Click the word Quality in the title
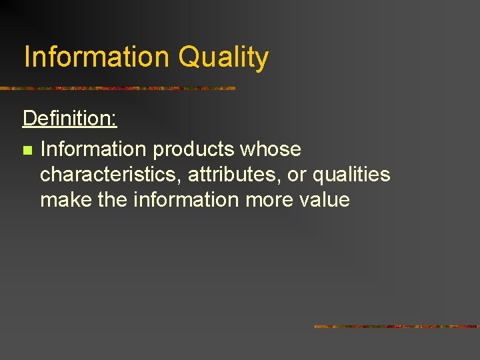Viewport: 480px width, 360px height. (223, 58)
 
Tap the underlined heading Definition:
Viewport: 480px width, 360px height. (70, 119)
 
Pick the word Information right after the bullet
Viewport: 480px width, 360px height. (93, 149)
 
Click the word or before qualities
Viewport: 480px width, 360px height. (296, 175)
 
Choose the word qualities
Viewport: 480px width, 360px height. (351, 175)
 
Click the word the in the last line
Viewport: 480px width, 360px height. (111, 199)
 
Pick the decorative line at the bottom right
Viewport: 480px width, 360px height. (396, 327)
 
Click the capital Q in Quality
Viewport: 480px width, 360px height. (189, 57)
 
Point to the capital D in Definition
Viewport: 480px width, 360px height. (29, 119)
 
